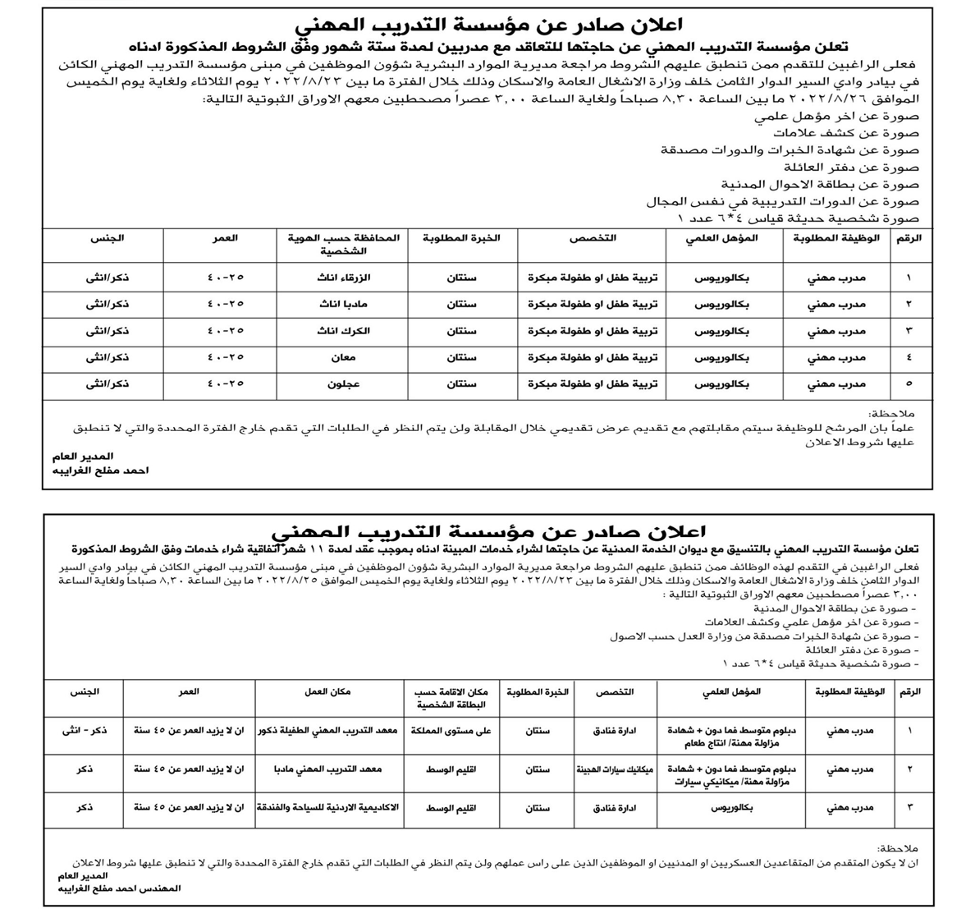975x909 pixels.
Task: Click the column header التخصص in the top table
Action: tap(593, 238)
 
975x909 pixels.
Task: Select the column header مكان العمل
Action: tap(328, 692)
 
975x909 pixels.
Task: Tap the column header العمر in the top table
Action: tap(227, 238)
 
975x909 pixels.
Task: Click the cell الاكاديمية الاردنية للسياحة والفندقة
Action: tap(328, 809)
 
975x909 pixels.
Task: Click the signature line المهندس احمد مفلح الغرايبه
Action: tap(117, 888)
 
